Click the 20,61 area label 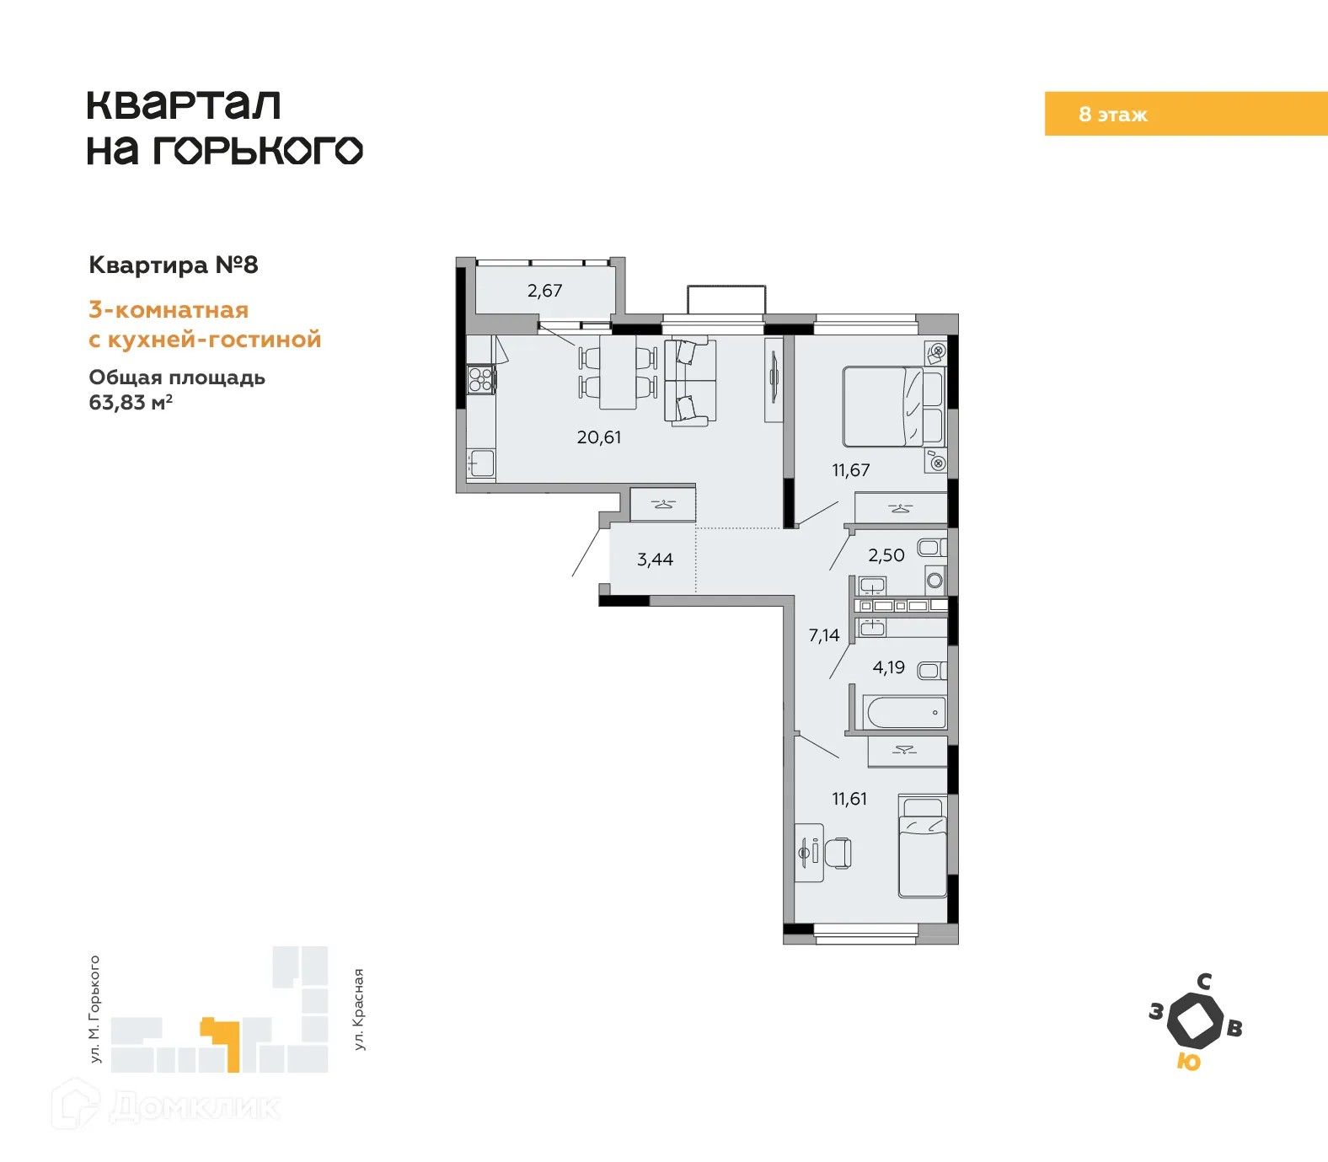pos(599,437)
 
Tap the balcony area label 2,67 pos(544,291)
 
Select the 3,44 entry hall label pos(655,560)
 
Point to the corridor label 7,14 pos(824,635)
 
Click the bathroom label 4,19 pos(888,667)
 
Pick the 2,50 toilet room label pos(886,555)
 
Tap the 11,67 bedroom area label pos(850,470)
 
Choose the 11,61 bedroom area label pos(849,799)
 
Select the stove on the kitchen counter pos(480,380)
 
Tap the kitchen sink pos(482,463)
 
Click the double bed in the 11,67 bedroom pos(892,406)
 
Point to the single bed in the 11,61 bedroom pos(923,847)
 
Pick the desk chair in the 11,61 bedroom pos(838,853)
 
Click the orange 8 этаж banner pos(1186,114)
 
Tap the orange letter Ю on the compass pos(1188,1062)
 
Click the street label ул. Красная pos(359,1009)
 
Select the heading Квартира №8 pos(174,265)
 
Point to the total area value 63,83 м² pos(131,403)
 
